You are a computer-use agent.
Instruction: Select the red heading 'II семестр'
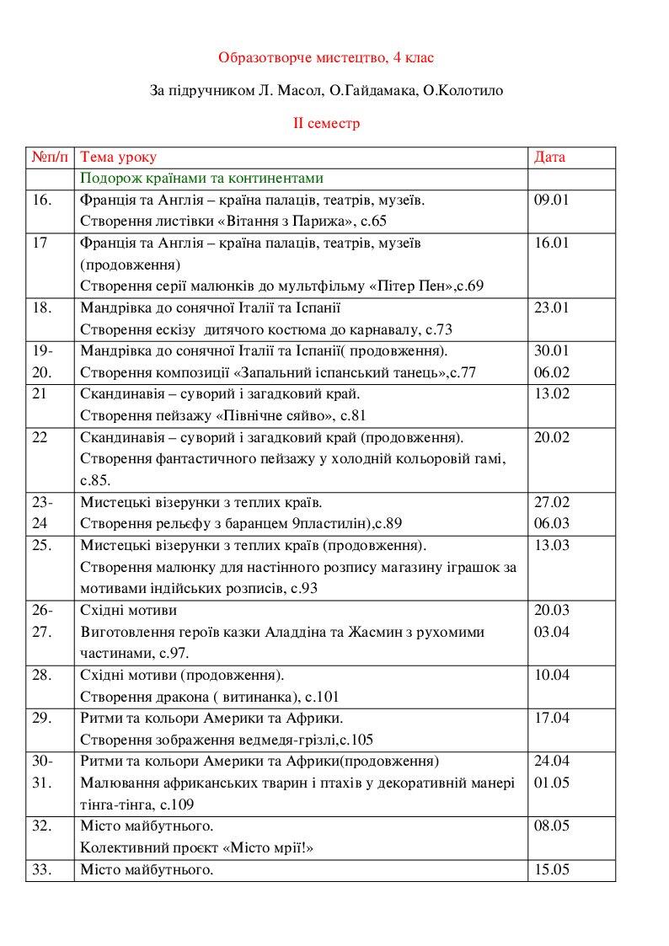pos(326,123)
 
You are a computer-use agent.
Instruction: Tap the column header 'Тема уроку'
pos(118,158)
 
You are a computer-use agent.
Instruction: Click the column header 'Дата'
pos(550,158)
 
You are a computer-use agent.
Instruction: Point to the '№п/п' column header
pos(49,158)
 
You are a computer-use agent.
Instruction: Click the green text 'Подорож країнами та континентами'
pos(201,179)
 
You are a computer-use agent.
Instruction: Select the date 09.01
pos(552,200)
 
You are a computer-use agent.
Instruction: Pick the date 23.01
pos(552,307)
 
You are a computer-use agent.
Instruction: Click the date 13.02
pos(552,393)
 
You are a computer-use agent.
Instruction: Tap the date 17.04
pos(552,718)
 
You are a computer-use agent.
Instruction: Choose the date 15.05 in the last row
pos(552,869)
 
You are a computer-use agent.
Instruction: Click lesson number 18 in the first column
pos(42,307)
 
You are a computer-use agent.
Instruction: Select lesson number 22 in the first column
pos(40,436)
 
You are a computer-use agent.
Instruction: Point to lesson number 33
pos(42,869)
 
